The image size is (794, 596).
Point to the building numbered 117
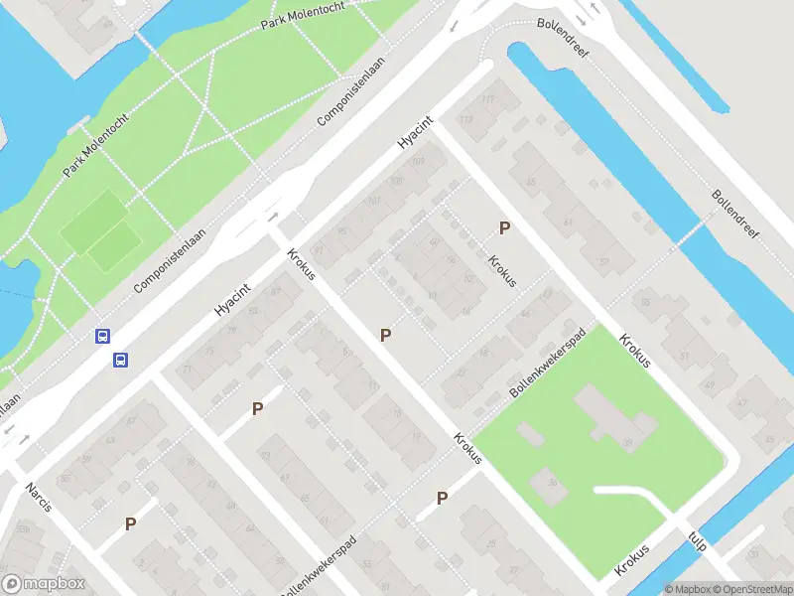(x=487, y=100)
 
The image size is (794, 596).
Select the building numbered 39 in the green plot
(x=627, y=442)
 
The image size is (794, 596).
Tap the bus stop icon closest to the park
(x=102, y=336)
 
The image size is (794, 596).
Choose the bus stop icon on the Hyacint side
(x=121, y=360)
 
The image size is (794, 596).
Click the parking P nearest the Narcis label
(x=130, y=522)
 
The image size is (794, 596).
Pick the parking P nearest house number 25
(x=442, y=498)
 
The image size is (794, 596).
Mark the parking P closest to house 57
(x=504, y=227)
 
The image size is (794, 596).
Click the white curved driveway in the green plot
(x=635, y=497)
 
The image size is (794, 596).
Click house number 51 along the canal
(x=682, y=356)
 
